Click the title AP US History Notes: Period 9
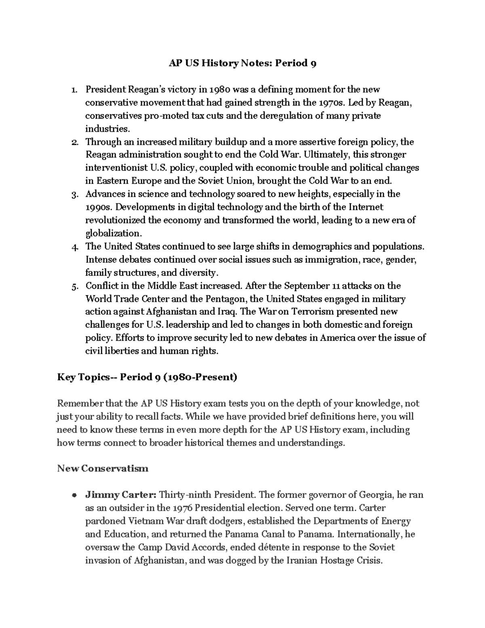click(242, 63)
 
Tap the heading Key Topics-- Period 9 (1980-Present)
click(147, 377)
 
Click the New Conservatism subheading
click(103, 469)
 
